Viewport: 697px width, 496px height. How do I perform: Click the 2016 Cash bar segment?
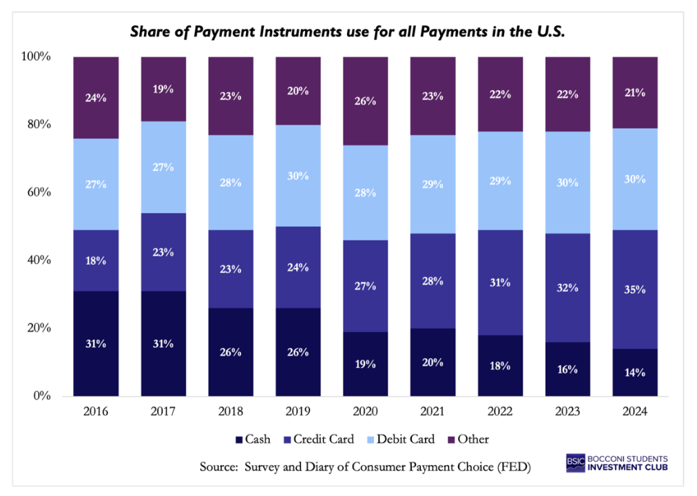pos(96,344)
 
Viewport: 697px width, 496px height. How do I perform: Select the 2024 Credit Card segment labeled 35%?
pos(635,289)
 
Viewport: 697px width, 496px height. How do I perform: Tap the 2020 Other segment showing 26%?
pos(366,101)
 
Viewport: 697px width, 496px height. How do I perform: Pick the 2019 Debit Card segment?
pos(298,175)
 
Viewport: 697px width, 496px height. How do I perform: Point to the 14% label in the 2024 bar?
pos(635,373)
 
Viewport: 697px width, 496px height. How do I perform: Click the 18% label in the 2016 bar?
pos(96,260)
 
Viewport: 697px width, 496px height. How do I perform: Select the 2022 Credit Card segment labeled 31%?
pos(501,282)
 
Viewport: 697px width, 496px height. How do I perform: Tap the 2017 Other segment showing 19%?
pos(163,89)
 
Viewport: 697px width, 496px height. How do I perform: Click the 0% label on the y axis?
pos(40,396)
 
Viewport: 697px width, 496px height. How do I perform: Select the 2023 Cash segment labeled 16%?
pos(568,369)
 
